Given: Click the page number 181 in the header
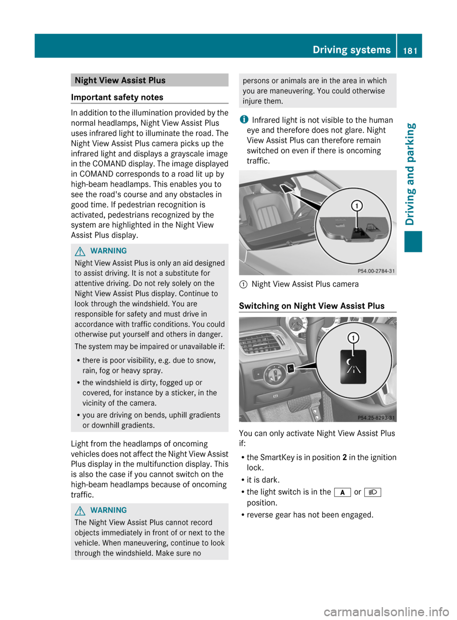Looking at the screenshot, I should (410, 50).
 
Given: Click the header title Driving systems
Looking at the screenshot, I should (351, 50).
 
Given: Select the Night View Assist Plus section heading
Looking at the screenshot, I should (120, 80).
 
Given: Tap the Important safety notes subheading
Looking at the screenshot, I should (117, 97).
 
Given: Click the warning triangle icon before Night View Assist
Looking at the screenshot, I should (80, 251).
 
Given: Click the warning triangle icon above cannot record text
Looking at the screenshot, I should (80, 510).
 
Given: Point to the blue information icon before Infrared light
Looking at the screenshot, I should (244, 120).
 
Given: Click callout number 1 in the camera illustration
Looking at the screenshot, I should (357, 206).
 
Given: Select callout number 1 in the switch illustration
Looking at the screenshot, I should (353, 338).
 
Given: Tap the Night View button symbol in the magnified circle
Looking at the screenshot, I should (353, 366).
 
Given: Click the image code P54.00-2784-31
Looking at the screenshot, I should (376, 271).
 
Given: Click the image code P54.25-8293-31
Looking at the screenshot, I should (376, 418).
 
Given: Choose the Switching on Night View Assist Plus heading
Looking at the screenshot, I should (311, 306).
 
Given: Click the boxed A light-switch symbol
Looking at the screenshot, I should (342, 492).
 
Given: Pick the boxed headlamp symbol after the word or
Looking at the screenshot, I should (373, 492).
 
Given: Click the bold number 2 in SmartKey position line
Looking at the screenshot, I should (344, 458).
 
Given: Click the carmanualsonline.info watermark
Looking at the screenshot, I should (386, 611).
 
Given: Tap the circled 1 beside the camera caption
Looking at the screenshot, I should (243, 284).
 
